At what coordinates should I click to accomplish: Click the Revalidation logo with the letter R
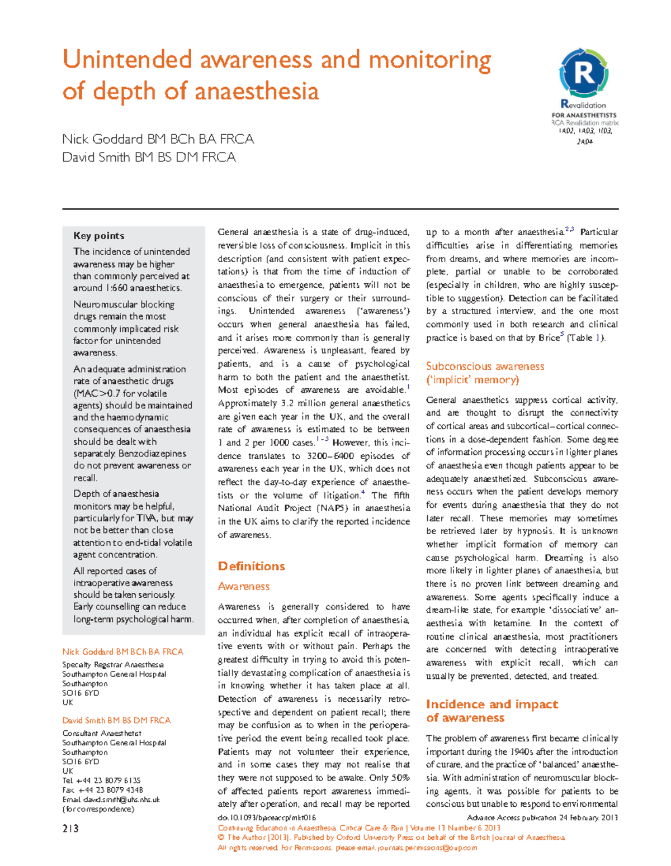click(x=583, y=73)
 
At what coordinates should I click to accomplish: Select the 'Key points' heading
click(x=99, y=236)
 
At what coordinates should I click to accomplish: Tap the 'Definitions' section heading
click(x=251, y=566)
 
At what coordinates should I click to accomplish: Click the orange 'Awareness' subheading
click(x=243, y=586)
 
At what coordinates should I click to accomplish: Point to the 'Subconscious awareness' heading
click(x=485, y=367)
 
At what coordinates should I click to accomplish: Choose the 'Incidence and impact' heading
click(x=492, y=704)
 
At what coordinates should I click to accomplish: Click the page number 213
click(x=70, y=829)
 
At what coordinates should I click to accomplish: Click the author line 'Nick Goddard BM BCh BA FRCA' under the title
click(x=158, y=139)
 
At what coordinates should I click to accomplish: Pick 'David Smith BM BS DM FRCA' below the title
click(x=149, y=158)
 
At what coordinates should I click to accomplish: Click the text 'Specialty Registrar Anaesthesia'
click(x=112, y=665)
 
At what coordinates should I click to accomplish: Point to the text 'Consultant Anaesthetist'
click(x=102, y=733)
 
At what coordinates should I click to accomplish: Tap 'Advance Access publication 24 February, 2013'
click(x=542, y=818)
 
